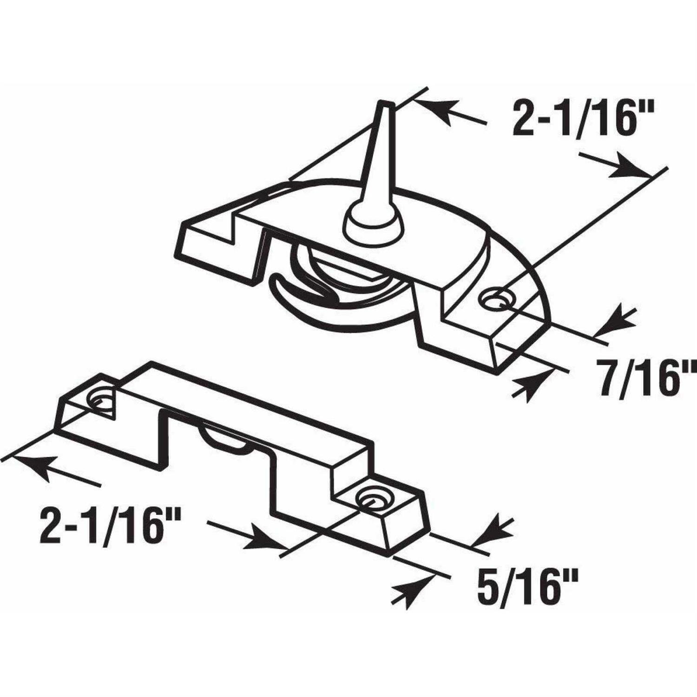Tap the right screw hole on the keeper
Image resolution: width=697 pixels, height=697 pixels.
pos(370,499)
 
